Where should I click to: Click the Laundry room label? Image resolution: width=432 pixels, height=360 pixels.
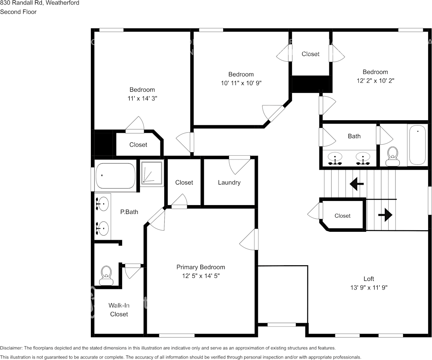pos(229,183)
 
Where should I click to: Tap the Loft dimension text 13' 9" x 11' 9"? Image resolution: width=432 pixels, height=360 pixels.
pos(368,288)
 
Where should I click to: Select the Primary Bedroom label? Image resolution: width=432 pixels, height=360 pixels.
pos(200,267)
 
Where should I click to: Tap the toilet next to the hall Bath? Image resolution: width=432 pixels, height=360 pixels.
pos(392,156)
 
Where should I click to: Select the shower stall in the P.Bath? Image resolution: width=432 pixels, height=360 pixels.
pos(152,173)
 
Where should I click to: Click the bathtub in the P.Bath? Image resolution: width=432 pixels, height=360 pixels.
pos(115,176)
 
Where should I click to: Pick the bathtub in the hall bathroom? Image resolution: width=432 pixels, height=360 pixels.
pos(418,145)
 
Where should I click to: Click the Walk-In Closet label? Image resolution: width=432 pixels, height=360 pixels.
pos(119,309)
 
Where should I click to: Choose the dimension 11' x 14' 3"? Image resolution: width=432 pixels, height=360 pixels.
pos(142,98)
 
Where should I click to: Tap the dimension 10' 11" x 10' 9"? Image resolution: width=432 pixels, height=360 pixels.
pos(241,83)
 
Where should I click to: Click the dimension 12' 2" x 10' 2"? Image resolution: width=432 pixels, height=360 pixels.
pos(375,80)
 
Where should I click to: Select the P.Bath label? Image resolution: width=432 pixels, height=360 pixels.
pos(129,212)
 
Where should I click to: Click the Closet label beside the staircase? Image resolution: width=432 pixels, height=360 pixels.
pos(342,216)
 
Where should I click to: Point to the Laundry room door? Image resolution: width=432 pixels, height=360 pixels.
pos(240,164)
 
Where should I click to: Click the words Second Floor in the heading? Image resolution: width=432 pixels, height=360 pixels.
pos(18,12)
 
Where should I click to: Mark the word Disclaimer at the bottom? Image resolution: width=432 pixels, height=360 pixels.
pos(11,348)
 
